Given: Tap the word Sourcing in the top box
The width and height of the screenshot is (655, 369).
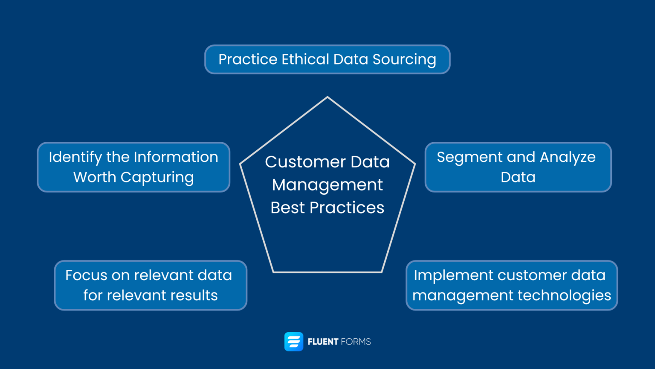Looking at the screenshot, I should pyautogui.click(x=404, y=60).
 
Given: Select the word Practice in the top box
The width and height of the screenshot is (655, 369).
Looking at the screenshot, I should pyautogui.click(x=248, y=59).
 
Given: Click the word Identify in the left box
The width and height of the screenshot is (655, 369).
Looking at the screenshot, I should pyautogui.click(x=75, y=158).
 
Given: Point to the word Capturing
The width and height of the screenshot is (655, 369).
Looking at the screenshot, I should pyautogui.click(x=157, y=178).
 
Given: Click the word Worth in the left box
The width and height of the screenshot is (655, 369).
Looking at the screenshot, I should pyautogui.click(x=94, y=177).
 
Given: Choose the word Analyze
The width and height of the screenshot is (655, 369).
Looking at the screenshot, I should pyautogui.click(x=568, y=158).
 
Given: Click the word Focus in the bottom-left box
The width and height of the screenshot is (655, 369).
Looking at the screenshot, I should pyautogui.click(x=86, y=275).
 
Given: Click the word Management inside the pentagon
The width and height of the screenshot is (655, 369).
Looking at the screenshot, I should pyautogui.click(x=327, y=185).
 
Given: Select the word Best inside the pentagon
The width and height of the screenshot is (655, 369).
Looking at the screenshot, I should pyautogui.click(x=287, y=208).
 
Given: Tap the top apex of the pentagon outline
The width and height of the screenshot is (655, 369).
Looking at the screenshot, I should pyautogui.click(x=327, y=97).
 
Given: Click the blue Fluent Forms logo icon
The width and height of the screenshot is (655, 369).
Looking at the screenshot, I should pyautogui.click(x=294, y=342).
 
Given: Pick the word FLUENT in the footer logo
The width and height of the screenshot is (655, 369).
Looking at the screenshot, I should pyautogui.click(x=323, y=342).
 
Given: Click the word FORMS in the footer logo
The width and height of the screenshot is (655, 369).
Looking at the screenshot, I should pyautogui.click(x=356, y=342).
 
